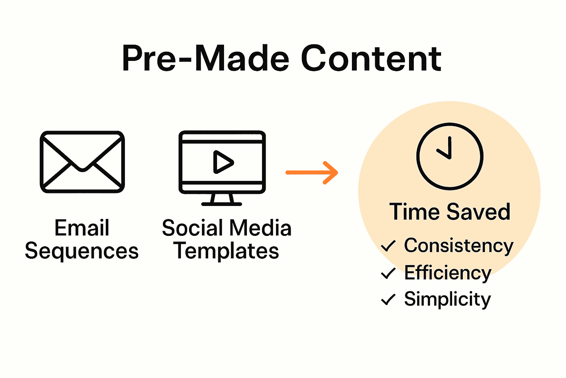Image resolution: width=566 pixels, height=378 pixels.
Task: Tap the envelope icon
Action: (x=82, y=162)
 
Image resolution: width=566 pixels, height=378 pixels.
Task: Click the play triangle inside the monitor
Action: (x=222, y=162)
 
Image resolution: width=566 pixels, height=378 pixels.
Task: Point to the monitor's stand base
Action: (x=222, y=203)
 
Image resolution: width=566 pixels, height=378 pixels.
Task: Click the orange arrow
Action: (x=312, y=172)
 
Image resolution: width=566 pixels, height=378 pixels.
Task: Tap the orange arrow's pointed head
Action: (x=331, y=172)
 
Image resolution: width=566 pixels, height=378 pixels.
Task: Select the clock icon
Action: (x=450, y=156)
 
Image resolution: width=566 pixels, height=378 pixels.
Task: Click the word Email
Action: (x=82, y=228)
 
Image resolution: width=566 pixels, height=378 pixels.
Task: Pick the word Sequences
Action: (x=82, y=251)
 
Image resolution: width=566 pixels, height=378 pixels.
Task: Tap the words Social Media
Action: (x=227, y=228)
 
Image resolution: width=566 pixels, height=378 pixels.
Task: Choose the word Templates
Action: (x=226, y=251)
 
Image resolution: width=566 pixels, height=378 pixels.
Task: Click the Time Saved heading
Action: (x=450, y=212)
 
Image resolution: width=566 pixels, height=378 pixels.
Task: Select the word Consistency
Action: (x=458, y=246)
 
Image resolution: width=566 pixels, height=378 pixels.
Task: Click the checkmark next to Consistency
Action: (x=388, y=246)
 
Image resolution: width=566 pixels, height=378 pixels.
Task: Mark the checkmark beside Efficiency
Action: (x=388, y=273)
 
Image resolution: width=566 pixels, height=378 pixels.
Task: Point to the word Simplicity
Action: (x=447, y=299)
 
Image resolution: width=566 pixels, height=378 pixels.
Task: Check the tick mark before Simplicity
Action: (x=388, y=299)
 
